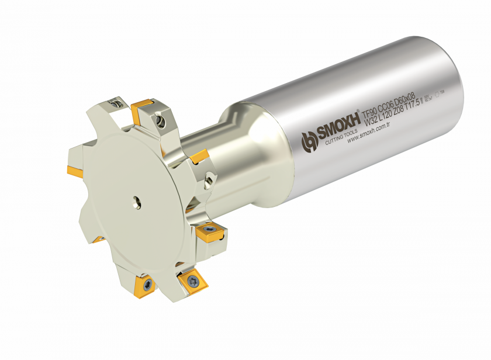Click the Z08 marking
(402, 110)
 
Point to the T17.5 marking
(416, 106)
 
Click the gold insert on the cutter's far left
(74, 171)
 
